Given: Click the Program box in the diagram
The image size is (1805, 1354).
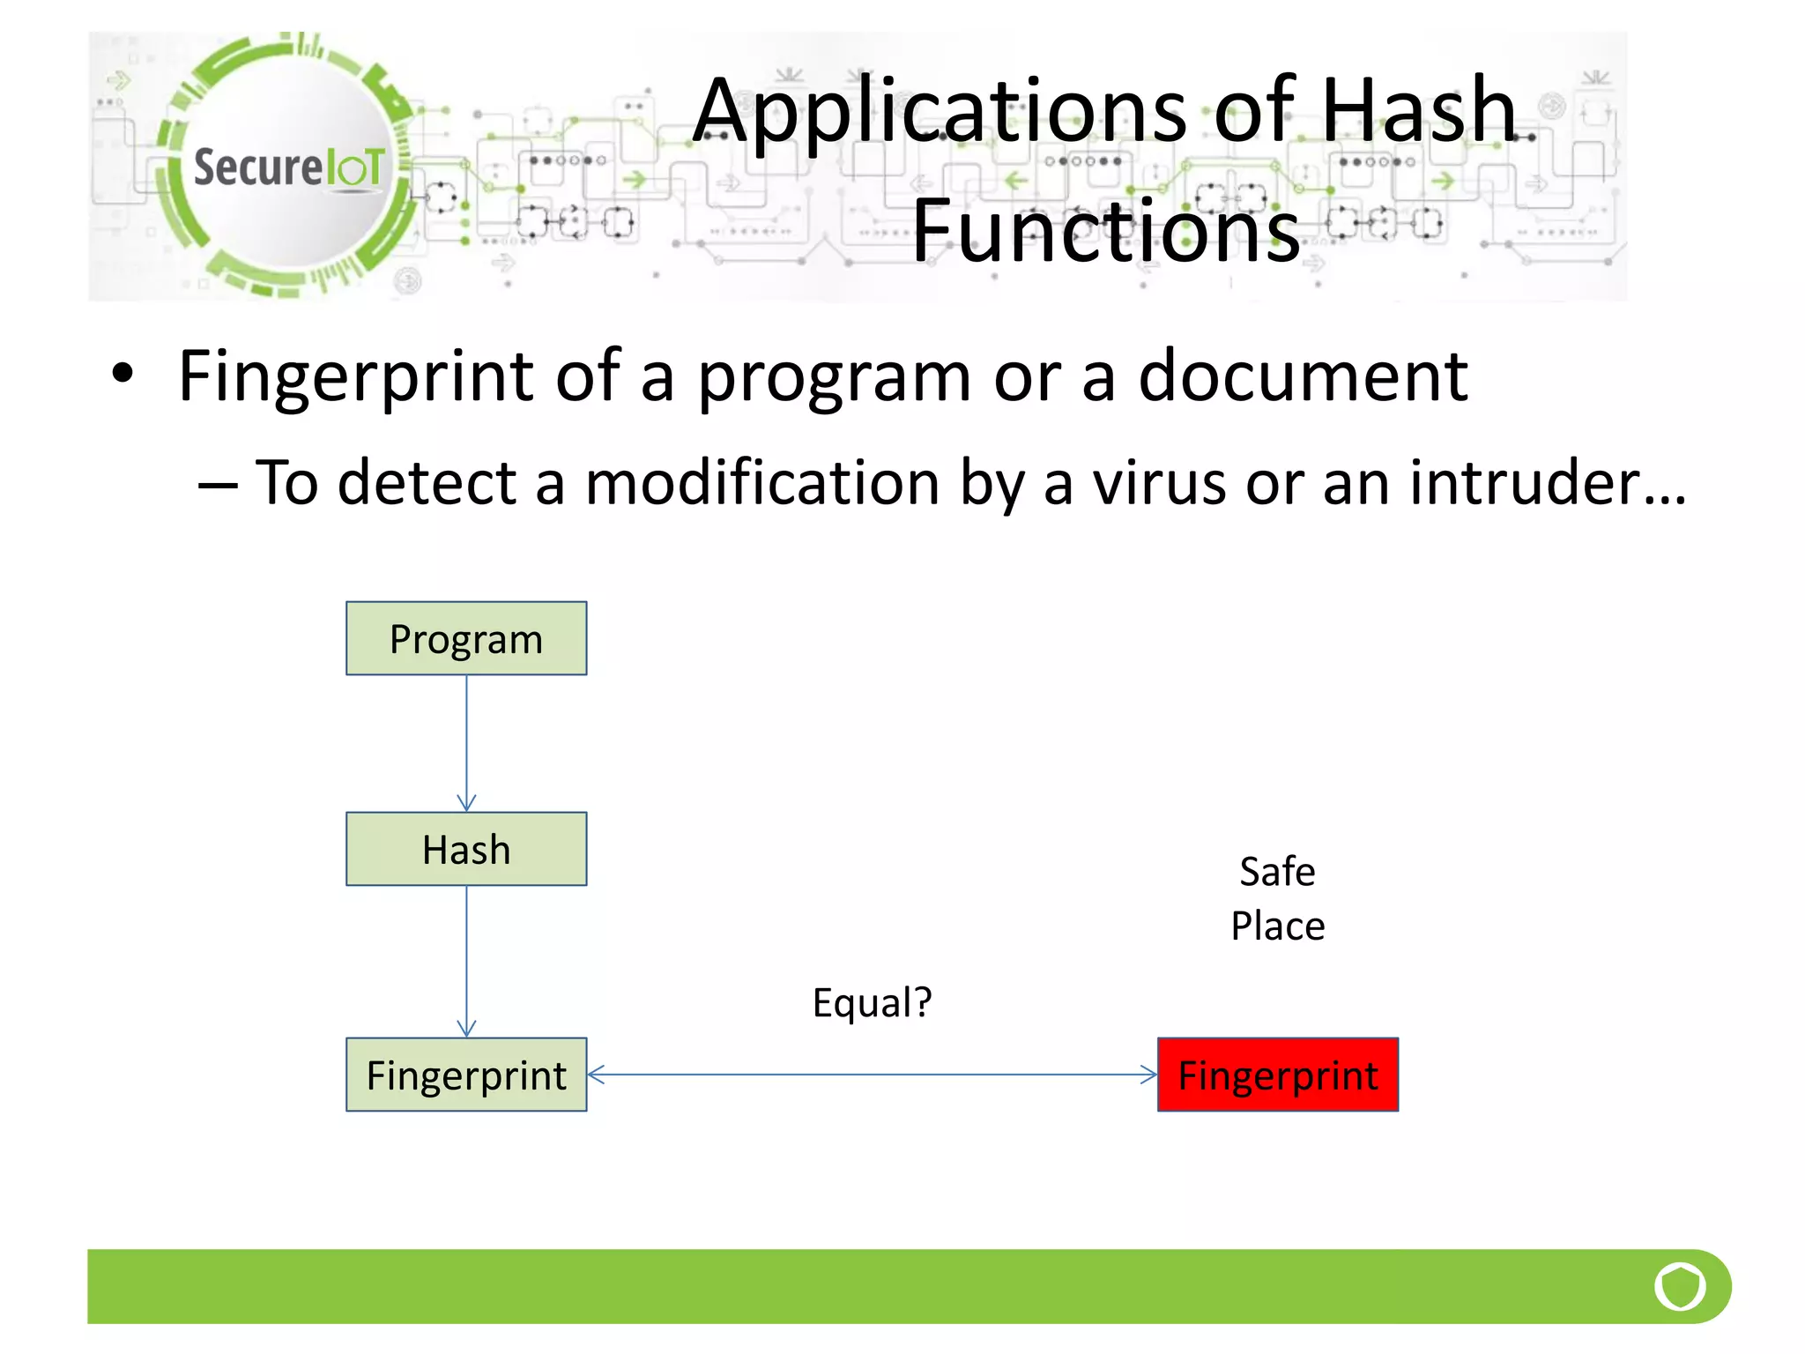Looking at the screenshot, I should point(466,638).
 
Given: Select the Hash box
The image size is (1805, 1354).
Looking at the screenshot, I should point(466,849).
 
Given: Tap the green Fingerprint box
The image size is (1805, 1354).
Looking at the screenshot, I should point(466,1075).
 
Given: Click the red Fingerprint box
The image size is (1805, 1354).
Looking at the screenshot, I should point(1277,1075).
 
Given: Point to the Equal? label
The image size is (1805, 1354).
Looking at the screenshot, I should point(872,1002).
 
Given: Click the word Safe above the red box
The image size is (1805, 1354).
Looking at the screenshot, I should point(1277,872).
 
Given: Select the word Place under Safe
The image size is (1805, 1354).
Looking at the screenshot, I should point(1277,926).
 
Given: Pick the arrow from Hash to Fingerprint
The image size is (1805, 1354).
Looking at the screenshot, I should point(466,961).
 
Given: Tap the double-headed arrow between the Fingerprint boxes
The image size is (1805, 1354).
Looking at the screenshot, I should point(872,1075).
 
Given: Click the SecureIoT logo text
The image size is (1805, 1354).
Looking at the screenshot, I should point(289,167).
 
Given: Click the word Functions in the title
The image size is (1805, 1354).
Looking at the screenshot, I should point(1105,231).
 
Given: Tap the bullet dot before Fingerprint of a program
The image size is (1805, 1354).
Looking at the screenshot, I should point(123,374).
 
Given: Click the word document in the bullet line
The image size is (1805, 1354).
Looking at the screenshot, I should point(1303,376).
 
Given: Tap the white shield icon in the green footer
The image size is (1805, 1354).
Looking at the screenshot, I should point(1680,1286).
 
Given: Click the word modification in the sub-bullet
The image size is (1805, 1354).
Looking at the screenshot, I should point(762,483).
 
